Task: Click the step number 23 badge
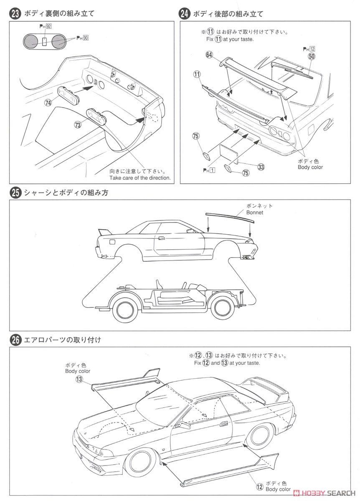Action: (x=15, y=13)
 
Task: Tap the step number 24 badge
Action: (x=185, y=13)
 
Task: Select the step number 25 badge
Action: (x=15, y=193)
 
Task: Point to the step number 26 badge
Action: (x=15, y=340)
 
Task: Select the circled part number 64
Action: (x=209, y=55)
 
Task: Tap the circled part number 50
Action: (x=311, y=56)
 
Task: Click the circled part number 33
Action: (x=261, y=167)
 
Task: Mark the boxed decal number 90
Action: (x=86, y=38)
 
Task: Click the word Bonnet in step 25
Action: (x=255, y=213)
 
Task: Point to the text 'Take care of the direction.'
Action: (x=140, y=178)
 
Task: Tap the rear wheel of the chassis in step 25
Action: (x=125, y=309)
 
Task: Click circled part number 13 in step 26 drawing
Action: (x=79, y=379)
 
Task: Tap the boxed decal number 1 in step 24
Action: (x=212, y=170)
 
